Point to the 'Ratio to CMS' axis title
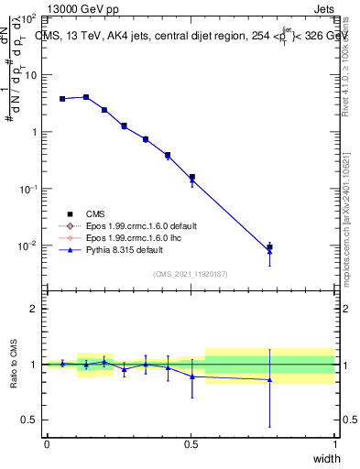click(14, 365)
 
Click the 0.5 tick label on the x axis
click(191, 444)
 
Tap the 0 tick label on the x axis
click(47, 444)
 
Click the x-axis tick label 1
click(334, 444)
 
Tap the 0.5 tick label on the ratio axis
click(30, 420)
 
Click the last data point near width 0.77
click(269, 247)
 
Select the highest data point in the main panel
click(86, 96)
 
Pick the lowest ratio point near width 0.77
click(269, 379)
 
